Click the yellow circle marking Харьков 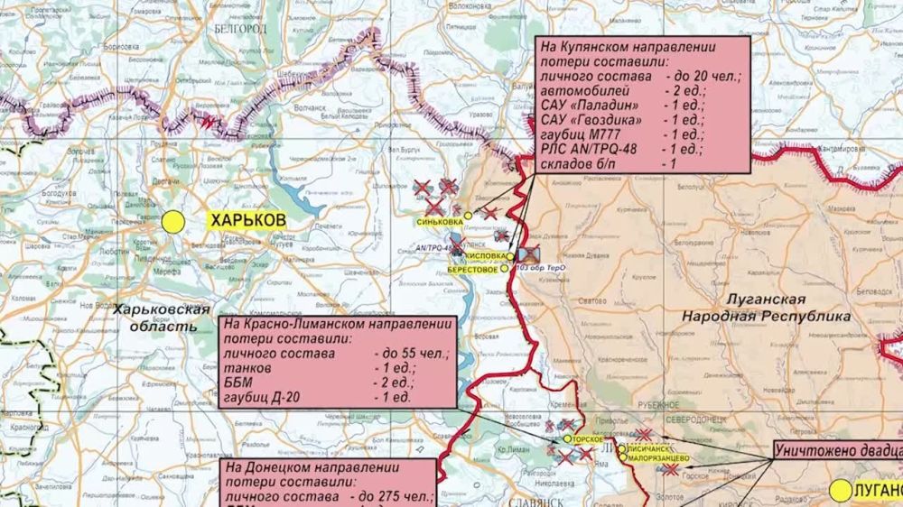click(173, 222)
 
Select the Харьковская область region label click(155, 318)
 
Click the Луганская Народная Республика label click(767, 309)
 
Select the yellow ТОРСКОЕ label click(586, 439)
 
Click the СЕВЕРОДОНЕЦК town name click(717, 421)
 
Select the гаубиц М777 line click(582, 134)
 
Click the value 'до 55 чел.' click(410, 354)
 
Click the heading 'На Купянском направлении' click(628, 47)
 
